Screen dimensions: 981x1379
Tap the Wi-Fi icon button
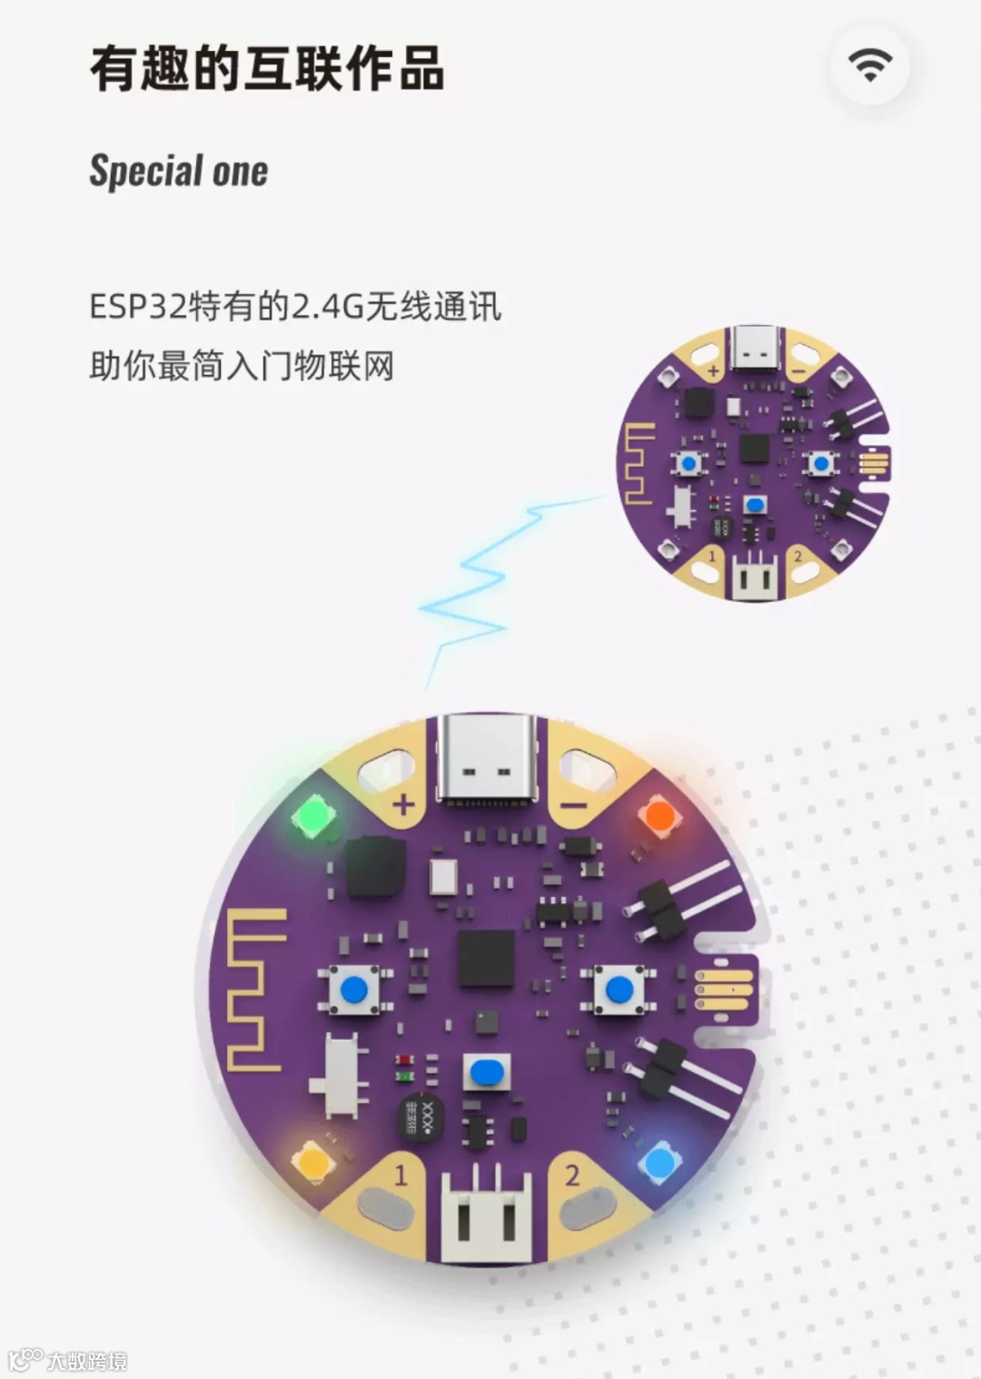pos(869,64)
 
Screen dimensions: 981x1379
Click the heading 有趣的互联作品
pos(267,69)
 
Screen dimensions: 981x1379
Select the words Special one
pos(179,171)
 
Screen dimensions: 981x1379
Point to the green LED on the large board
pos(312,815)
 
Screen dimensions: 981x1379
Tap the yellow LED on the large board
pos(312,1161)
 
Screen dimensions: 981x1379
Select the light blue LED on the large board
pos(657,1162)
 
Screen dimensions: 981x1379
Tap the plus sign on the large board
pos(402,804)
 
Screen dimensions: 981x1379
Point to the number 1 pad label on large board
pos(401,1176)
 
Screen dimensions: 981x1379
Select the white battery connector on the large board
pos(485,1215)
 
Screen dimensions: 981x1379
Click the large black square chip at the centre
pos(486,959)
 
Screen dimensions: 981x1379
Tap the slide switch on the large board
pos(342,1078)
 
